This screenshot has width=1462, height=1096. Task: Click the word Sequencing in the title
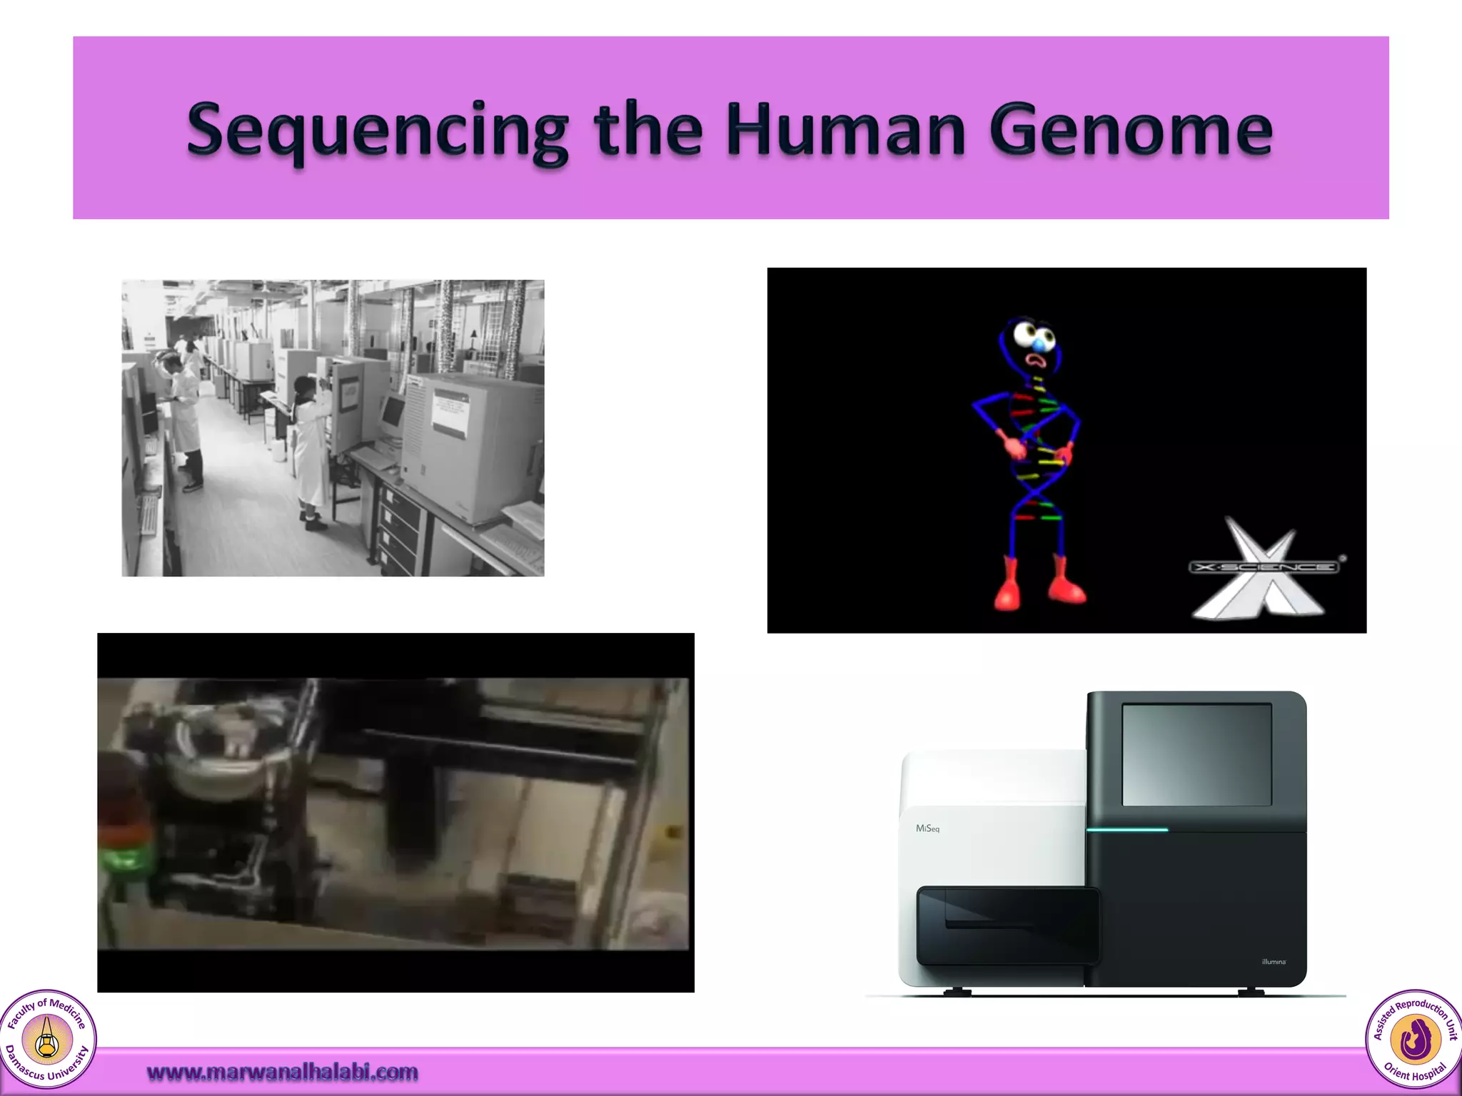(x=377, y=131)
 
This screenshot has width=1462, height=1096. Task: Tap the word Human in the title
(x=845, y=131)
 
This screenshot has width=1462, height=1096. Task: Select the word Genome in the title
(x=1130, y=131)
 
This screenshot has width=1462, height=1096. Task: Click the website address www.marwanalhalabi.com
(x=282, y=1072)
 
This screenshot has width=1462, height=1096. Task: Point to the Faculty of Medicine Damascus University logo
(x=47, y=1039)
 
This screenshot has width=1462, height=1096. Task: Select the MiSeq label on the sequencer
(x=927, y=828)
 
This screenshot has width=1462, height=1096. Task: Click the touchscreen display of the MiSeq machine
(x=1196, y=754)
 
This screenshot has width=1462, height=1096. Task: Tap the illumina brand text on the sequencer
(x=1274, y=962)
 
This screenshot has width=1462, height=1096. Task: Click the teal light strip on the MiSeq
(x=1127, y=830)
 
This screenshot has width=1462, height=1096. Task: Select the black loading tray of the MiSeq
(x=1007, y=924)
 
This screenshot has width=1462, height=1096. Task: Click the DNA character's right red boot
(x=1067, y=581)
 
